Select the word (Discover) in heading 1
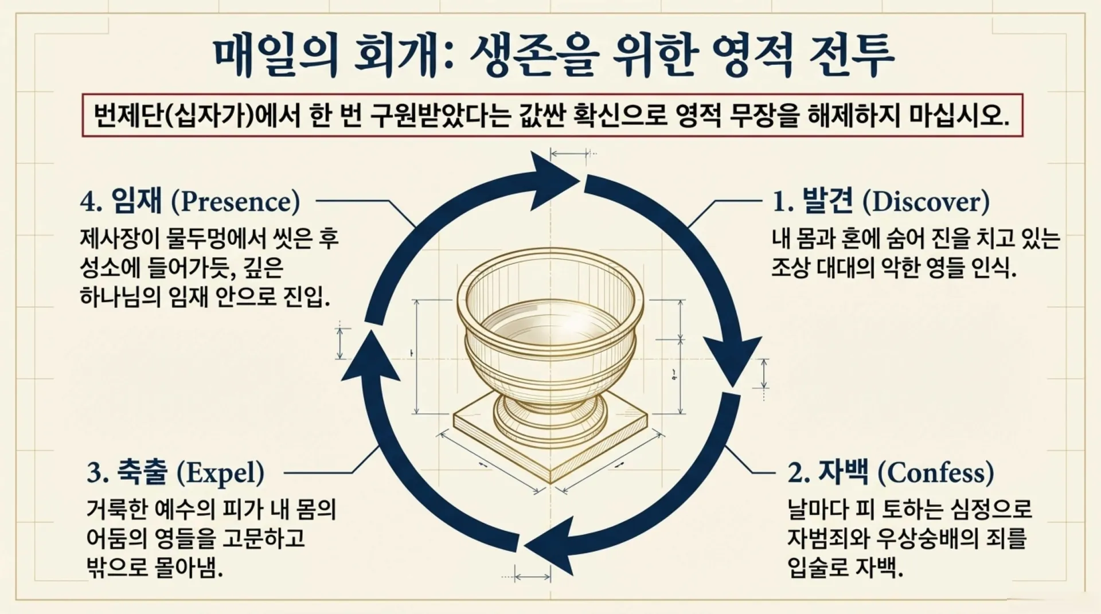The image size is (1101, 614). (926, 202)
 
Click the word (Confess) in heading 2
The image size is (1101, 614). (936, 473)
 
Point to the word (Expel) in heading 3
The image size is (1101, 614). (220, 473)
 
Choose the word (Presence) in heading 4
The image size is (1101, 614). (235, 202)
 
